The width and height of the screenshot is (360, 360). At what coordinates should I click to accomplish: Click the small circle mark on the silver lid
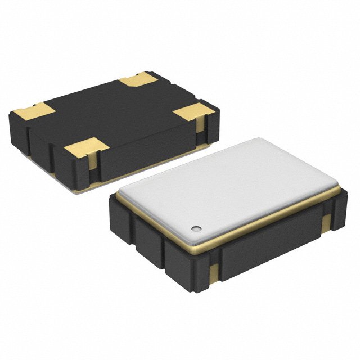(196, 228)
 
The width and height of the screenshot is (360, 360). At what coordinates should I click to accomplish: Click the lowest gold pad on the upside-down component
(85, 150)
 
